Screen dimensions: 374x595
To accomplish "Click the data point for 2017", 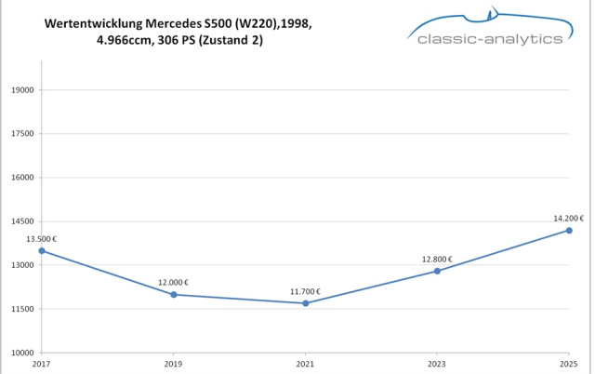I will pyautogui.click(x=42, y=250).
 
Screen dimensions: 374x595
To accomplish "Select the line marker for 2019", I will pyautogui.click(x=174, y=294).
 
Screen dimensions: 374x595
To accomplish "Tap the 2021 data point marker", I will pyautogui.click(x=306, y=303).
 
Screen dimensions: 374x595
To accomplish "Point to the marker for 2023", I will pyautogui.click(x=437, y=271).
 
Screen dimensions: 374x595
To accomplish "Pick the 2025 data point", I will pyautogui.click(x=569, y=230).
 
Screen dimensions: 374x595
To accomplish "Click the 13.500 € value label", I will pyautogui.click(x=42, y=239).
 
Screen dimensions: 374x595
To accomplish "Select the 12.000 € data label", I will pyautogui.click(x=174, y=283).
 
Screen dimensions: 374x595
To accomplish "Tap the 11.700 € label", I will pyautogui.click(x=306, y=291).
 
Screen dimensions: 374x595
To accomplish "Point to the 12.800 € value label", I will pyautogui.click(x=437, y=260).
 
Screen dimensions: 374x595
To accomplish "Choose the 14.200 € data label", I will pyautogui.click(x=569, y=219).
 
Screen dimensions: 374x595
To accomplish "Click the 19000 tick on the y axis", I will pyautogui.click(x=21, y=90).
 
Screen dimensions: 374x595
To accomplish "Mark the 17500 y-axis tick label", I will pyautogui.click(x=21, y=134).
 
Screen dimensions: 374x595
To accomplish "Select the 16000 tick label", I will pyautogui.click(x=21, y=178).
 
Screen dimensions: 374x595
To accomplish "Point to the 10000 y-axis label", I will pyautogui.click(x=21, y=353).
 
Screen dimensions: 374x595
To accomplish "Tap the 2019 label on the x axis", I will pyautogui.click(x=174, y=365).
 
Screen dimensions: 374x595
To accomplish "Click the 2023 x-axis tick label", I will pyautogui.click(x=437, y=365).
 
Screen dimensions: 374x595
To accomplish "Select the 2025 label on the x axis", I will pyautogui.click(x=569, y=365).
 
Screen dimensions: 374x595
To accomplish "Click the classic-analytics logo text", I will pyautogui.click(x=490, y=39).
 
